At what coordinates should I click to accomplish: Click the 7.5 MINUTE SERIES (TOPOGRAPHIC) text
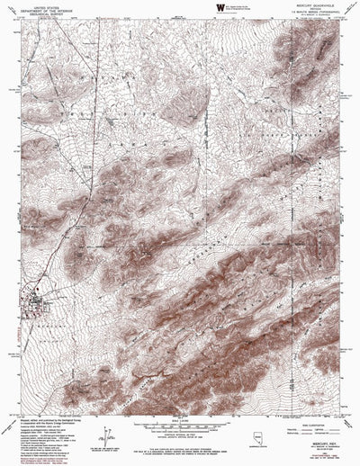pyautogui.click(x=303, y=15)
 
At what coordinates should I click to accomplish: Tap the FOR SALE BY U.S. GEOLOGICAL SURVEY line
pyautogui.click(x=180, y=451)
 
